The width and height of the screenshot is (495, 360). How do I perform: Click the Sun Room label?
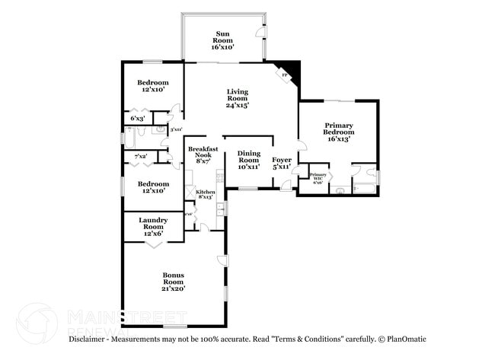pos(222,40)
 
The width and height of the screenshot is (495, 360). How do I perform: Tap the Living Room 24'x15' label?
pos(238,98)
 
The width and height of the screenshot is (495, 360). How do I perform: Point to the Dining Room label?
pos(248,159)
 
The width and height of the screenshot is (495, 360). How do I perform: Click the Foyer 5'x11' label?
pos(282,162)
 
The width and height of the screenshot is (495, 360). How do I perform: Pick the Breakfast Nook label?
pos(203,155)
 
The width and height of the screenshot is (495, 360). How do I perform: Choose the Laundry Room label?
pos(153,226)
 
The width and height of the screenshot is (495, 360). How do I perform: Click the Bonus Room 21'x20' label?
pos(174,282)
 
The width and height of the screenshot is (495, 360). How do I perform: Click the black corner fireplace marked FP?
pos(289,73)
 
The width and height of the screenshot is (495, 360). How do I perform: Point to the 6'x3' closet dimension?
pos(138,118)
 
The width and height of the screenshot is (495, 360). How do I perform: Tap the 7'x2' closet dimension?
pos(140,157)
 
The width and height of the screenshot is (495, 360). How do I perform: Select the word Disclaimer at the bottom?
pos(94,339)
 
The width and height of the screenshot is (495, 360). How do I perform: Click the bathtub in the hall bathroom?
pos(129,139)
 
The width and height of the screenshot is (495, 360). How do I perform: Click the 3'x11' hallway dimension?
pos(175,129)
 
